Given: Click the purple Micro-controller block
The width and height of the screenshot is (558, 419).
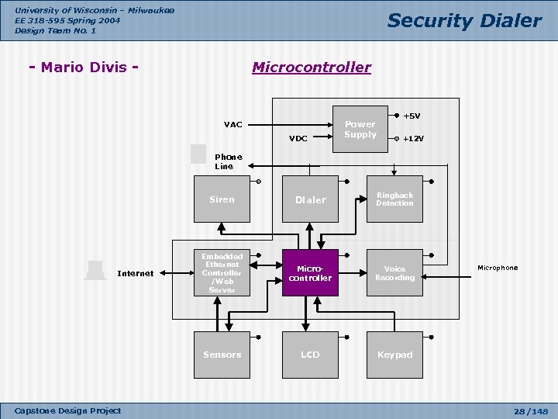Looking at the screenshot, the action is coord(310,272).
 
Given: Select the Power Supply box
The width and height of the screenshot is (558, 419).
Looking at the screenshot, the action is coord(360,129).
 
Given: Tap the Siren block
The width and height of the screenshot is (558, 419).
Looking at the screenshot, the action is coord(222,199).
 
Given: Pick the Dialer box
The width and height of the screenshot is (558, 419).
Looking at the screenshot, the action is coord(310,199).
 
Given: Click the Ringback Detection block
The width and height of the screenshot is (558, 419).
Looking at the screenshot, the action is coord(394,199).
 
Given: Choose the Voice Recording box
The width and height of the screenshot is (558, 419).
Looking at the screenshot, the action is coord(394,272).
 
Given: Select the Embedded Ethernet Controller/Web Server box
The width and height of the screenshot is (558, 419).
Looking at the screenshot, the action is coord(222,272).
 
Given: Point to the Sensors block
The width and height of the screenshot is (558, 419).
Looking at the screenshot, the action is coord(222,355).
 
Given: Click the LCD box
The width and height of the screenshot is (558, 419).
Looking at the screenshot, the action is coord(310,355).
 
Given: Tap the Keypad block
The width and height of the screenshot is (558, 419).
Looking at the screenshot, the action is coord(394,355).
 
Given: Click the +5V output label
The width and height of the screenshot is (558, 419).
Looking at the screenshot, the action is coord(412,116).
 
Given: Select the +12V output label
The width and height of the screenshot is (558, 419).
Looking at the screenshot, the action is coord(414,139).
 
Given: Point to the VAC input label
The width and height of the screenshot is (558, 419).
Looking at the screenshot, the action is coord(233,124).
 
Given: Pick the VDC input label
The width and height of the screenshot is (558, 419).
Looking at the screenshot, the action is coord(298,138).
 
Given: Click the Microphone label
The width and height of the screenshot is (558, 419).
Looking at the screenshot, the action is coord(498,268).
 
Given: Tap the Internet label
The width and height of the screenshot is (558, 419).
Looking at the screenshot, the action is coord(136,273).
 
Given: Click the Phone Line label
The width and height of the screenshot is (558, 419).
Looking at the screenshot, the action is coord(229,161).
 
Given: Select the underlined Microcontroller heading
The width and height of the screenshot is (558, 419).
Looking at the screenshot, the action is coord(312,67).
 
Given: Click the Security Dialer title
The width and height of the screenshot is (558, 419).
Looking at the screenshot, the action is coord(464,20).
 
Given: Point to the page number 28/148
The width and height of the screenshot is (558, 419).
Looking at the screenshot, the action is coord(531,411).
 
